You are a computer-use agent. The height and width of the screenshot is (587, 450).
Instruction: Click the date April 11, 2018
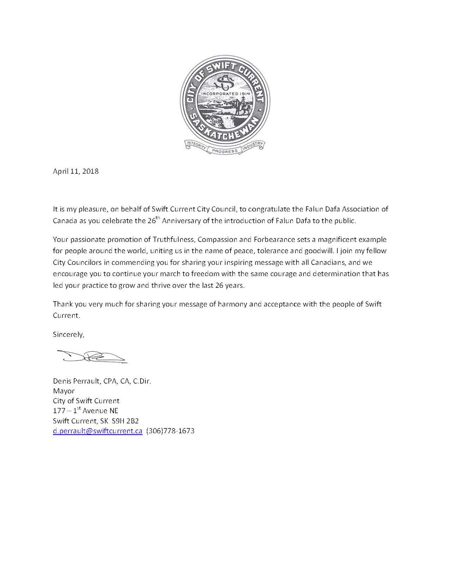click(x=76, y=171)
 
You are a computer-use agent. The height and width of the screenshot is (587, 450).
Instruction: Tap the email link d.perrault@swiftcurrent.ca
click(x=97, y=431)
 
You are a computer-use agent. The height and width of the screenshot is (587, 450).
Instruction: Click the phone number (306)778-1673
click(x=170, y=431)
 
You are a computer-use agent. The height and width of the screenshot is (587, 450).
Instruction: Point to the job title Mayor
click(x=63, y=391)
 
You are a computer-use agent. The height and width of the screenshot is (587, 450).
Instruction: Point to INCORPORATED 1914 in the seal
click(x=225, y=93)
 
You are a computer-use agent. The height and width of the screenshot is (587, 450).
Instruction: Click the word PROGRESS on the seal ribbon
click(x=225, y=151)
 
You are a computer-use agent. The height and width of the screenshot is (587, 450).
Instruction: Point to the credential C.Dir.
click(x=142, y=381)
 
